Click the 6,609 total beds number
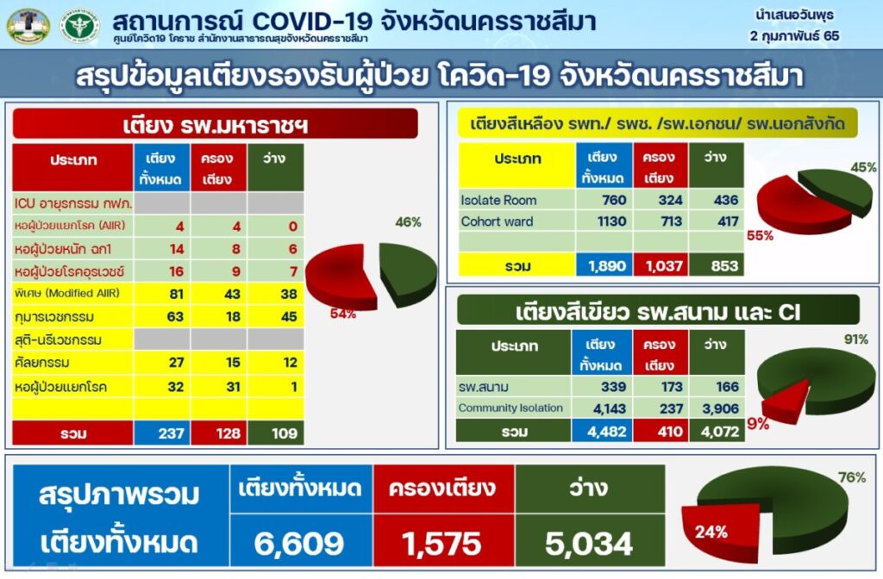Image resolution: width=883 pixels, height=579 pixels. click(298, 544)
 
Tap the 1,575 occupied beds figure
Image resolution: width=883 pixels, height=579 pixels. click(441, 544)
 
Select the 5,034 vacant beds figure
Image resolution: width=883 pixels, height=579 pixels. click(588, 544)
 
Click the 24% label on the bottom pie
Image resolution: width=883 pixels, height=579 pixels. click(711, 532)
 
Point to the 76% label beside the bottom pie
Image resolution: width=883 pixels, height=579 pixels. click(851, 477)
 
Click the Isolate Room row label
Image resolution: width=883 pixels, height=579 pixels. click(498, 200)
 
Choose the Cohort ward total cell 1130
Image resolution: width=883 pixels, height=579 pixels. click(611, 221)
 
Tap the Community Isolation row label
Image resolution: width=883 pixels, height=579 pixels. click(510, 408)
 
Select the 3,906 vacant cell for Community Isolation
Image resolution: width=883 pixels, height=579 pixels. click(720, 408)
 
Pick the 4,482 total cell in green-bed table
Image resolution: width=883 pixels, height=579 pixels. click(606, 432)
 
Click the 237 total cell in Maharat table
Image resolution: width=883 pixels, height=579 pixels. click(172, 433)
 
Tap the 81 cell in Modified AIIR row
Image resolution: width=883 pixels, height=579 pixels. click(176, 294)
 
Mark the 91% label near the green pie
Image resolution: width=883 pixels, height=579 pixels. click(856, 339)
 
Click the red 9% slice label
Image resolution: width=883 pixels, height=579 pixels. click(758, 424)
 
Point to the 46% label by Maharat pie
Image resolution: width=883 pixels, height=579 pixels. click(408, 222)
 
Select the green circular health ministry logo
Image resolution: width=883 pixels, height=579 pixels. click(79, 25)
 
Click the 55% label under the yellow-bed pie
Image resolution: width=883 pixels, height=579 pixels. click(760, 236)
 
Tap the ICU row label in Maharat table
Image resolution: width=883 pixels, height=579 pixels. click(73, 203)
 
